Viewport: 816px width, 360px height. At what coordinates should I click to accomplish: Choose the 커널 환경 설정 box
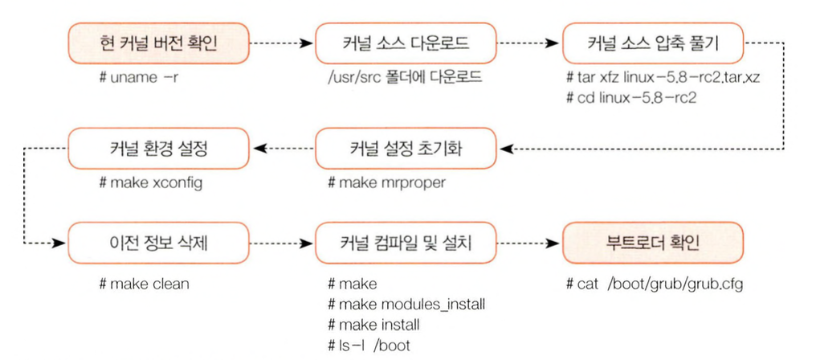(159, 148)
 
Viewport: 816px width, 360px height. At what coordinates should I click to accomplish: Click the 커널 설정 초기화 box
(403, 148)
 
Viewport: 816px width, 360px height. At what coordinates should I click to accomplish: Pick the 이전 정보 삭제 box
(159, 242)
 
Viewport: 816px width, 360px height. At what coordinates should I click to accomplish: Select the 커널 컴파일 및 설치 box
(403, 242)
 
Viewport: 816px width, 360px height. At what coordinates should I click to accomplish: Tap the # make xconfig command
(150, 182)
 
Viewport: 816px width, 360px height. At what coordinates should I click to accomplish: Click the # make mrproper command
(386, 182)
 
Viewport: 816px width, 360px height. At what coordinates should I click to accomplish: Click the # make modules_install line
(406, 305)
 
